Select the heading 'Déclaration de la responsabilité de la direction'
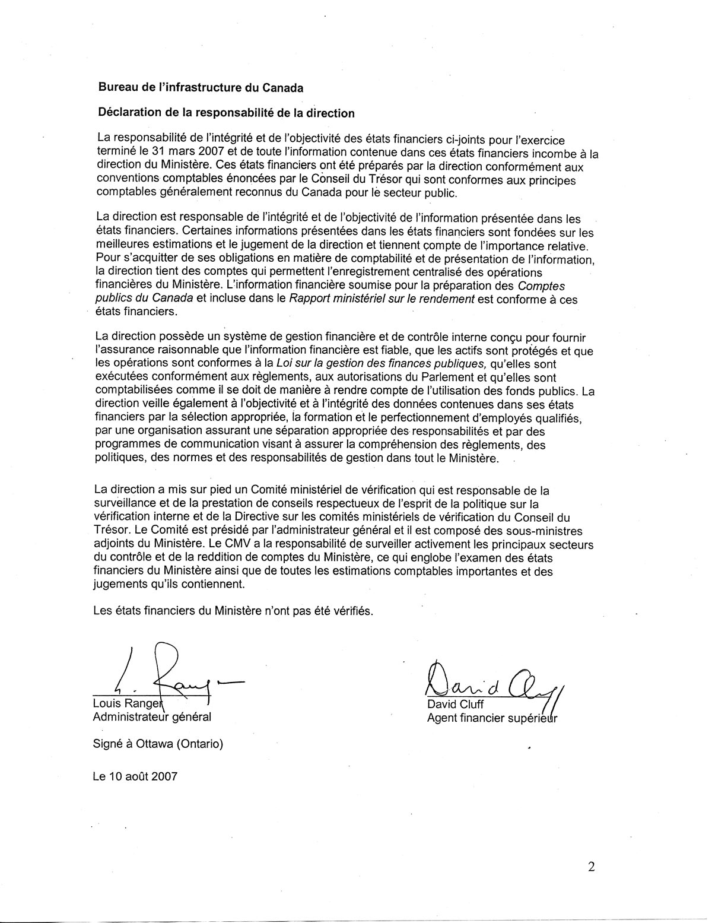click(x=226, y=113)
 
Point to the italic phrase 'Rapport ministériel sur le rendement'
click(x=382, y=299)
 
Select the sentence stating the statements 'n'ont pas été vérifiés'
click(x=233, y=611)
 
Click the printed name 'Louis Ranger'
click(x=126, y=704)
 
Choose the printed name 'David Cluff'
click(x=456, y=705)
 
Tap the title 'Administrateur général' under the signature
click(x=152, y=717)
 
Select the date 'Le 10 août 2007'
click(x=135, y=776)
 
